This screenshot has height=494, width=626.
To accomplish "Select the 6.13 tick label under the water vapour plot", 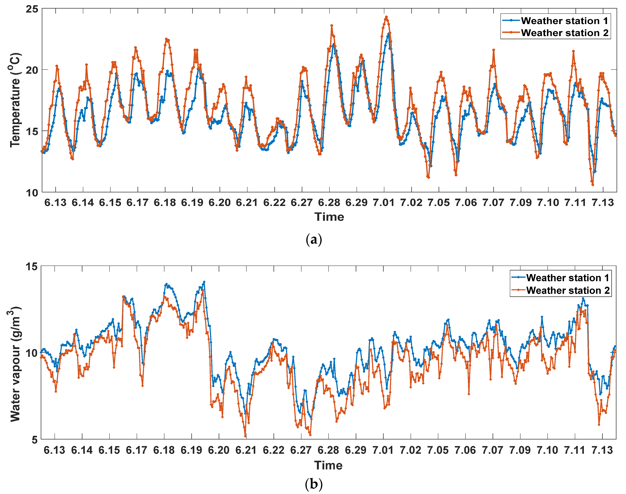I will [54, 450].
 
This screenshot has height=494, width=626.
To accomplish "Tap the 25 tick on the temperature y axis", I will [32, 9].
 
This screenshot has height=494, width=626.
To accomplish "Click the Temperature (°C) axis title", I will [15, 100].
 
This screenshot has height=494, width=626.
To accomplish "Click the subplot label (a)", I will [314, 240].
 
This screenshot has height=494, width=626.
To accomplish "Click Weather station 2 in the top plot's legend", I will [564, 33].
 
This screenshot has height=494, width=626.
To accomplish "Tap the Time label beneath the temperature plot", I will [329, 217].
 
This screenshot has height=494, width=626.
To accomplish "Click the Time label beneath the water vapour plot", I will [328, 465].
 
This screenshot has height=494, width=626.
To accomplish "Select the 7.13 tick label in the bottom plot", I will [602, 450].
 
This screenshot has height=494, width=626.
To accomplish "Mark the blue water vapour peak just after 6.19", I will [204, 282].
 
